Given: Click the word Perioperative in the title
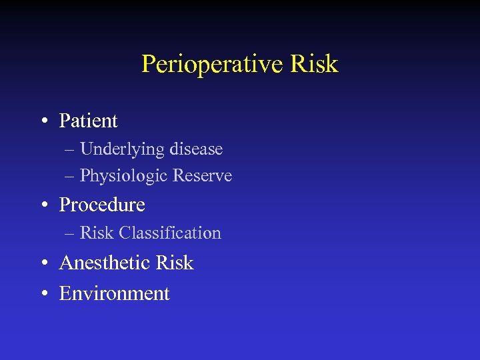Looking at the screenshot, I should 213,65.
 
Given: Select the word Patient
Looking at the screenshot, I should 88,121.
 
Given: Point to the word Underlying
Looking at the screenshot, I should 123,149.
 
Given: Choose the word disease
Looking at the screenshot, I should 196,149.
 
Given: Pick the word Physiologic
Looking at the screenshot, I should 124,177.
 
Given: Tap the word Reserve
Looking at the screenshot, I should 203,176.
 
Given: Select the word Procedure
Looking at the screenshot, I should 102,205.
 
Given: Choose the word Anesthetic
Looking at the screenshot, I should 105,263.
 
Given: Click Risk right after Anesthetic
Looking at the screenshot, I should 174,263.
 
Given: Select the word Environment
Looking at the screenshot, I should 115,293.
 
